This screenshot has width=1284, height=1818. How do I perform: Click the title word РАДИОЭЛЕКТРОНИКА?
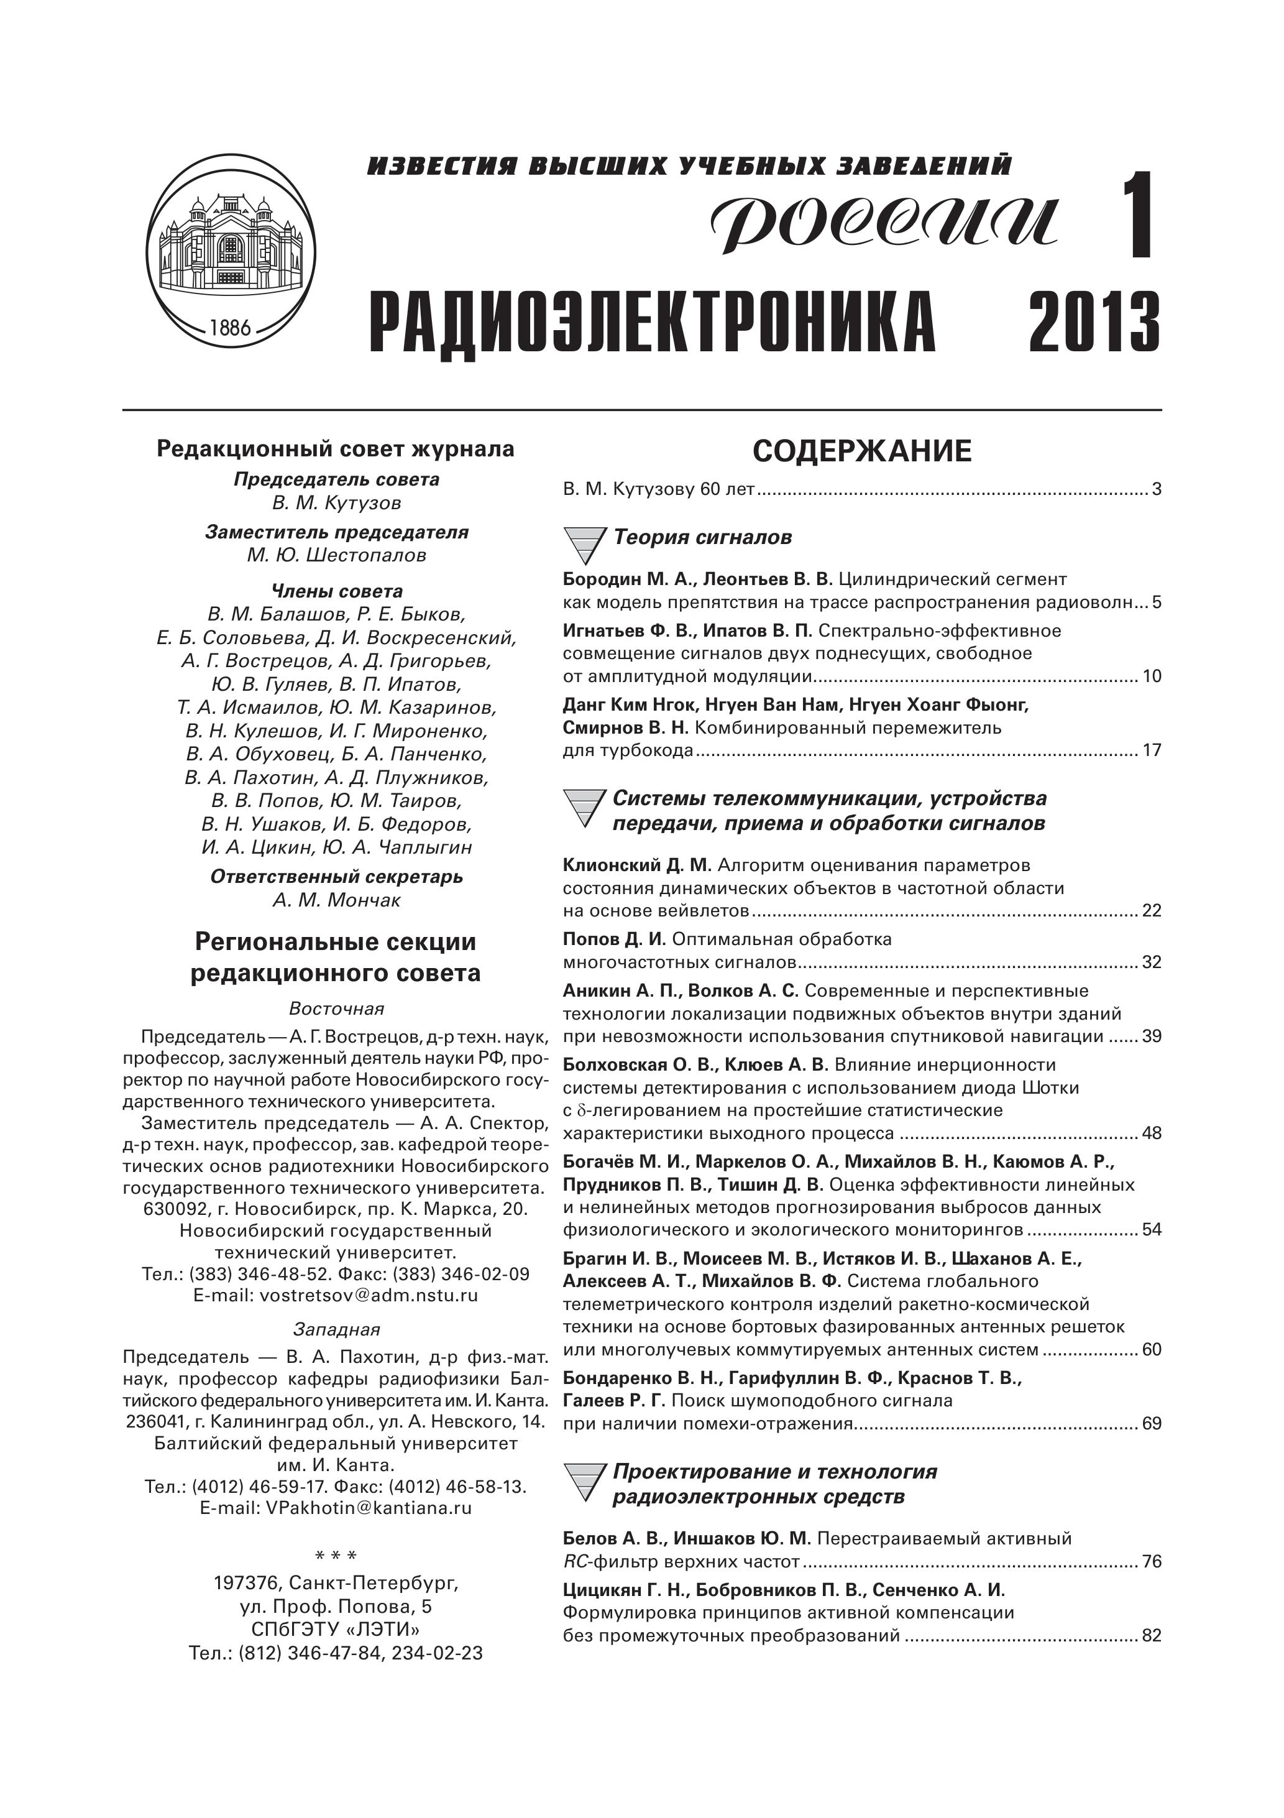(x=653, y=323)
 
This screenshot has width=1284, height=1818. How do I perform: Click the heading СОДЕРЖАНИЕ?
(x=861, y=451)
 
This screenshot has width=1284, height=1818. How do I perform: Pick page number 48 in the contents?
(x=1151, y=1133)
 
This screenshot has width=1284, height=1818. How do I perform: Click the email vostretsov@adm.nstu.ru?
(x=336, y=1296)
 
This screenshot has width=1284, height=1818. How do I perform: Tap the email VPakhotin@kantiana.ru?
(x=336, y=1508)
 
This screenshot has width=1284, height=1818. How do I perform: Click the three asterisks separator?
(x=336, y=1557)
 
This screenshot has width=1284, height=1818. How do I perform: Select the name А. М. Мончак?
(x=336, y=900)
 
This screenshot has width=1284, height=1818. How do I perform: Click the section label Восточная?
(x=336, y=1008)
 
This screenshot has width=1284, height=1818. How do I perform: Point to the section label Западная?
(x=336, y=1329)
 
